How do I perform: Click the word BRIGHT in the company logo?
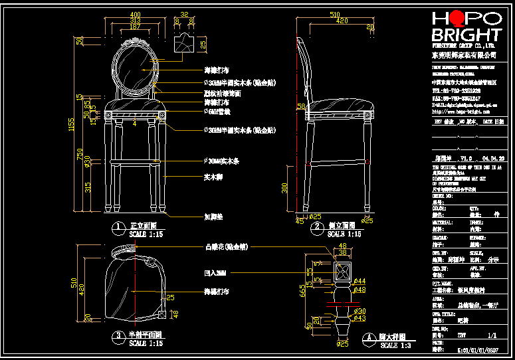click(x=466, y=35)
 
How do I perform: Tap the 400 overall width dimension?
click(x=135, y=14)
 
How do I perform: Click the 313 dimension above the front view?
click(x=135, y=21)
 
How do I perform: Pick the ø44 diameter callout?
click(x=360, y=282)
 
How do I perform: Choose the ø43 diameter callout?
click(x=360, y=318)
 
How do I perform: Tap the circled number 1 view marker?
click(x=118, y=226)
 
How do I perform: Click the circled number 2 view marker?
click(x=316, y=226)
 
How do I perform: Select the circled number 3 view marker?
click(x=118, y=335)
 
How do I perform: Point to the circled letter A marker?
click(x=367, y=337)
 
